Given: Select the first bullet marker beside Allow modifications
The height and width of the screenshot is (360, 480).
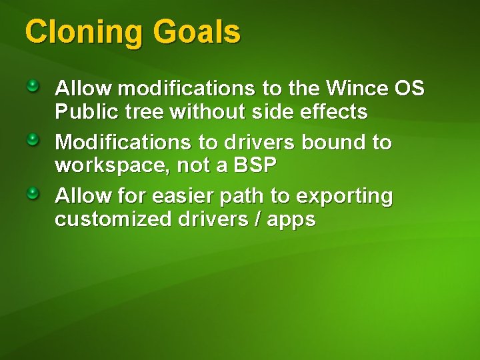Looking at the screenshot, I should (x=33, y=86).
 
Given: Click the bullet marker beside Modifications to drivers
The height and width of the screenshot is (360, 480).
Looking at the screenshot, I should (x=33, y=140).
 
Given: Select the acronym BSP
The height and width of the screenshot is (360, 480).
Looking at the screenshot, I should (x=254, y=165).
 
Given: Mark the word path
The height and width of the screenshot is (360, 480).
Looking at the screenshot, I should (x=243, y=197).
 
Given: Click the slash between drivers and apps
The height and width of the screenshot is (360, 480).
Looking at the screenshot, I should (x=257, y=220).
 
